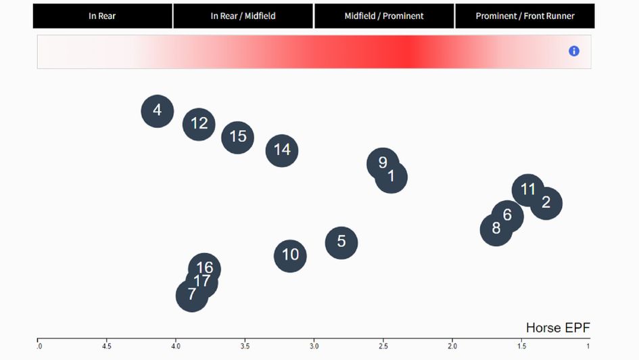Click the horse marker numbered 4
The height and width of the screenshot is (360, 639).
click(x=158, y=110)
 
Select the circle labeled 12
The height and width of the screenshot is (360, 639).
click(x=199, y=124)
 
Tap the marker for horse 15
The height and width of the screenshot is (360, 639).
click(x=238, y=137)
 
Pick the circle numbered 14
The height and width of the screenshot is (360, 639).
click(x=282, y=150)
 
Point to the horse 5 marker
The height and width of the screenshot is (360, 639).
click(x=341, y=242)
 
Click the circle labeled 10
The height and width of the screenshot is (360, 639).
click(x=291, y=255)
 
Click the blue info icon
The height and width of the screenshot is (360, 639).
click(x=574, y=51)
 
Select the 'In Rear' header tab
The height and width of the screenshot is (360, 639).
click(x=102, y=16)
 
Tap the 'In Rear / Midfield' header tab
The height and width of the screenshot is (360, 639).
click(x=243, y=16)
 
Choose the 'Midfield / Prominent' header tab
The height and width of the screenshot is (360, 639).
click(x=384, y=16)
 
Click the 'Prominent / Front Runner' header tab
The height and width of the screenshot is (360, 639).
click(x=525, y=16)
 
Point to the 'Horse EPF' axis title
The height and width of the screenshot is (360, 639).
click(x=558, y=328)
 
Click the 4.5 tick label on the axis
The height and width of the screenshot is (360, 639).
click(x=106, y=346)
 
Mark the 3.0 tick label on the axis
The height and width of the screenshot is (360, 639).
click(x=314, y=346)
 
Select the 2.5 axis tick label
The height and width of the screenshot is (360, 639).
click(x=383, y=346)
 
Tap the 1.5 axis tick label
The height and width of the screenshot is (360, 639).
click(x=521, y=346)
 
